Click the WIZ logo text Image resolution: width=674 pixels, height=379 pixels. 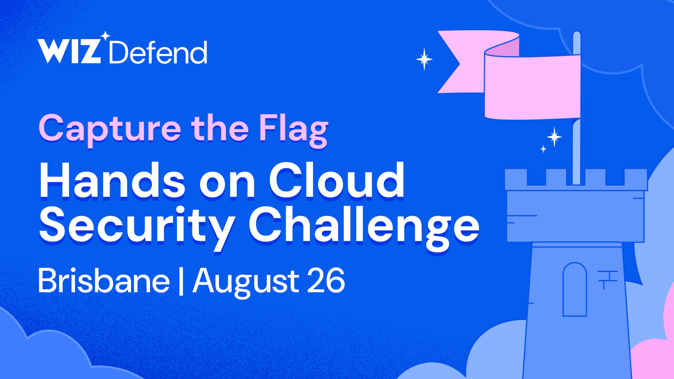pos(69,51)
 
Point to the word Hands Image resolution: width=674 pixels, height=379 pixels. pos(112,180)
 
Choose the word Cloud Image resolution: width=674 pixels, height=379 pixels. pos(337,180)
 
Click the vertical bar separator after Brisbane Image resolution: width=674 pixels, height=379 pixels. pos(181,281)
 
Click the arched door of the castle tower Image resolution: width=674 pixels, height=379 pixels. pos(575,289)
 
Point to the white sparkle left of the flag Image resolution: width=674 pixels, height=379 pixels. pos(424,59)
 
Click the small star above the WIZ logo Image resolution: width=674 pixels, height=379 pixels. pos(105,36)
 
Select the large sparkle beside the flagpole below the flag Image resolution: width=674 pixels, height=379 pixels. pos(554,137)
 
